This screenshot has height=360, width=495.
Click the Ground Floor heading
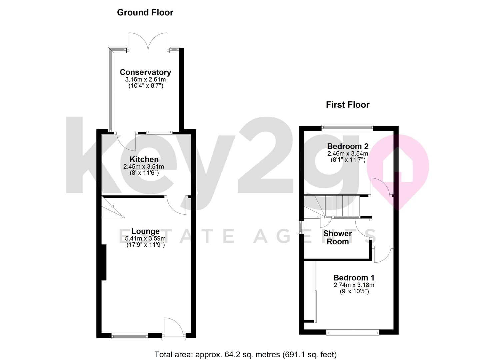coord(145,13)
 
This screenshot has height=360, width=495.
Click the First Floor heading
coord(347,105)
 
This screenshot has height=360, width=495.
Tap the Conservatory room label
coord(145,72)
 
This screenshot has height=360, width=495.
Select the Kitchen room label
coord(144,159)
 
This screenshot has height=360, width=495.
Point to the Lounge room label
coord(145,231)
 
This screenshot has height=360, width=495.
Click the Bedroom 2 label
coord(347,146)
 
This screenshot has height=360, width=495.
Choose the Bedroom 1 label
coord(354,278)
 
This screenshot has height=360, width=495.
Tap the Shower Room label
coord(337,237)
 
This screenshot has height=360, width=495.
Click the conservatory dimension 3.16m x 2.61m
coord(145,80)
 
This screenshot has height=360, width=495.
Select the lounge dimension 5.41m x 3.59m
coord(145,239)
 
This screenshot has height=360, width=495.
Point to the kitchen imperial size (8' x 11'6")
coord(144,173)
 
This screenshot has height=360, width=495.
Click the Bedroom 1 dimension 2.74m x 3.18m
coord(354,285)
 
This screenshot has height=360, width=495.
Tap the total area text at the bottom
coord(245,354)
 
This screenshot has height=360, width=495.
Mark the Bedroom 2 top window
coord(347,127)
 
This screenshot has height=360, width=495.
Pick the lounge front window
coord(130,336)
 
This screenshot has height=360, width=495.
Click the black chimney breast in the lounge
coord(103,262)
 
